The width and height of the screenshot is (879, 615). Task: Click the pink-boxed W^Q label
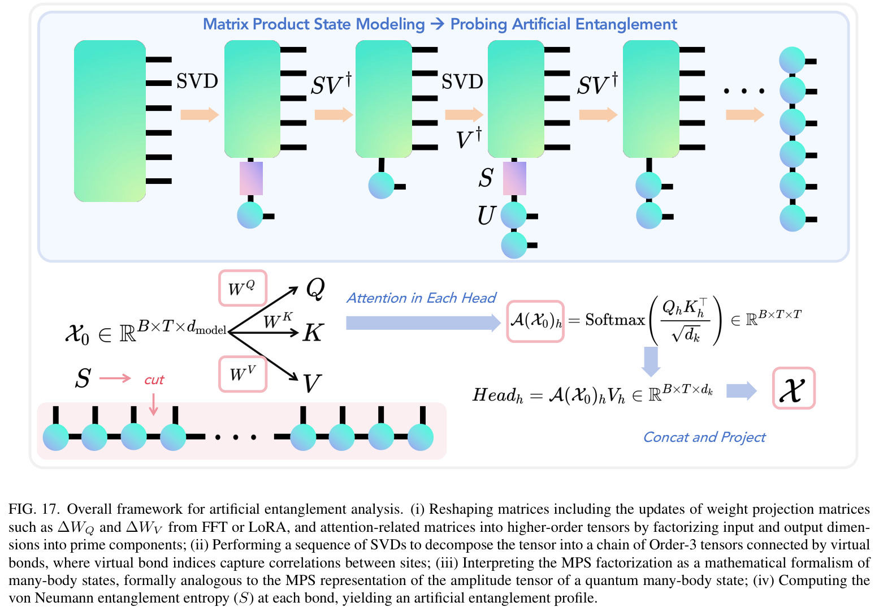(243, 288)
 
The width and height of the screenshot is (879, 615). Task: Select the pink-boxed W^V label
(243, 374)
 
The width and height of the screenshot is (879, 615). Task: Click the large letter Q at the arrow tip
(315, 289)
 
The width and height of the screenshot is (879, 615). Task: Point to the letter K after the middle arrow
(313, 333)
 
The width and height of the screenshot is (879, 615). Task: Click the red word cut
(154, 380)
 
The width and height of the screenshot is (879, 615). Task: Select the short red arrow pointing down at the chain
(153, 404)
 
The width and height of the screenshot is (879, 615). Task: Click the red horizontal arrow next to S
(115, 378)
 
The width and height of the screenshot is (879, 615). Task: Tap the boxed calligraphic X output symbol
(794, 388)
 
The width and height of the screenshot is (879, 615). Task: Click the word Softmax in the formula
(615, 320)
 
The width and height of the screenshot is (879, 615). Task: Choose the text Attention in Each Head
(421, 298)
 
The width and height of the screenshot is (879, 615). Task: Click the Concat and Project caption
(704, 437)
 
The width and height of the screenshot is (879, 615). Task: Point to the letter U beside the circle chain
(487, 215)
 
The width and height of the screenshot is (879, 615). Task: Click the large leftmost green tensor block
(110, 121)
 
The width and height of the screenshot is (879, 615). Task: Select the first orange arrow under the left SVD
(200, 115)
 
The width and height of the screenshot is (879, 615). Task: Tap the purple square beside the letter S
(514, 178)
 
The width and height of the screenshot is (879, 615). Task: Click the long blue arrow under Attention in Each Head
(423, 323)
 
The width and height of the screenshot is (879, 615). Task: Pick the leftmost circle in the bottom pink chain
(56, 437)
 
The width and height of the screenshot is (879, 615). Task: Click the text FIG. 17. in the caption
(34, 509)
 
